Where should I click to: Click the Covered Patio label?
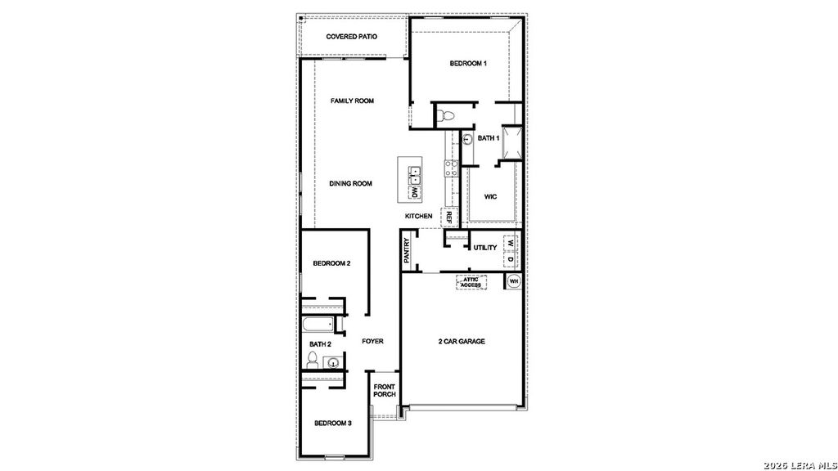click(352, 37)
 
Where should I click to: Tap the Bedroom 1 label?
click(469, 64)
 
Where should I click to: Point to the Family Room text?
click(352, 101)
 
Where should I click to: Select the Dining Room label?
click(350, 184)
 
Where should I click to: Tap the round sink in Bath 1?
click(466, 139)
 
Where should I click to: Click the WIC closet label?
click(490, 197)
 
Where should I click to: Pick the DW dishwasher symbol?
click(415, 192)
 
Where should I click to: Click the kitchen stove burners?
click(450, 169)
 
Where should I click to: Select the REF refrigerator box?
click(448, 218)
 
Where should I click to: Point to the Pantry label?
click(407, 249)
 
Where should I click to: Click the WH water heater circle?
click(514, 281)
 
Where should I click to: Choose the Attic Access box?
click(471, 282)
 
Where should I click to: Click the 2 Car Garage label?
click(462, 341)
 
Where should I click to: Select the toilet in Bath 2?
click(313, 360)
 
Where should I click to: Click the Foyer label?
click(372, 341)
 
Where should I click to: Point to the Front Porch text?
click(385, 390)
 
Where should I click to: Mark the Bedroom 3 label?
click(333, 423)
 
